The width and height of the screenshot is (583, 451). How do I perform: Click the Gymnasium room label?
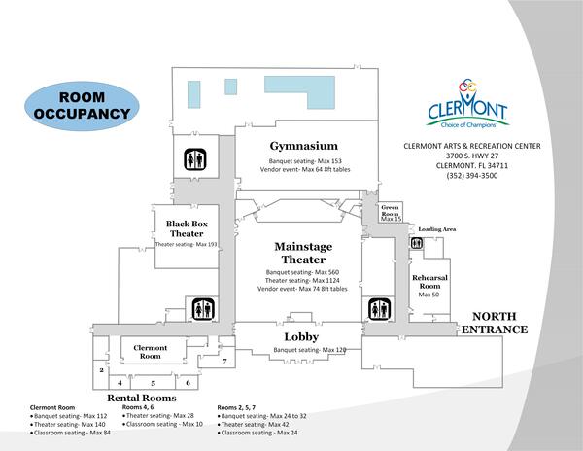303,145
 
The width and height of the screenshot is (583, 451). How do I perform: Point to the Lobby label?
301,336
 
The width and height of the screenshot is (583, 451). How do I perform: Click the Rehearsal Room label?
428,282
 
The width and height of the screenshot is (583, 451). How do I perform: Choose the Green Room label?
391,210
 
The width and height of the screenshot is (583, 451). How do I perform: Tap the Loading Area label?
436,229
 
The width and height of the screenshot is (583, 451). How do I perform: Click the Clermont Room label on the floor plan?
150,351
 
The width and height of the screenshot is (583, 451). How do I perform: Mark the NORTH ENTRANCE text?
499,324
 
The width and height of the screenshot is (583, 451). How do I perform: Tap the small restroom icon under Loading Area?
416,243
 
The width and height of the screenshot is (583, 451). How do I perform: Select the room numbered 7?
224,361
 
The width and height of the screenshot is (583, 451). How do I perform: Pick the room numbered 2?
101,370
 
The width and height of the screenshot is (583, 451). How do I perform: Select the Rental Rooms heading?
141,399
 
